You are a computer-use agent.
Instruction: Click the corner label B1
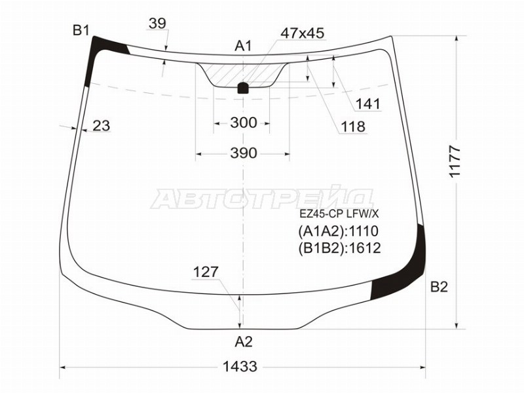coord(81,31)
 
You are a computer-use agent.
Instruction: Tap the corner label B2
coord(439,287)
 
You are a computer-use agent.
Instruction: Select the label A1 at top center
coord(243,46)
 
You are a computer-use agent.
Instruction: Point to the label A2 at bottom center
coord(244,342)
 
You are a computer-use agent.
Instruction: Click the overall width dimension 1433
coord(240,367)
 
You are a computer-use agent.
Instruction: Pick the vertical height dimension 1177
coord(455,161)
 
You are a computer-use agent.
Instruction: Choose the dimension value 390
coord(244,153)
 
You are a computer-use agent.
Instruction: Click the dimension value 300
coord(244,122)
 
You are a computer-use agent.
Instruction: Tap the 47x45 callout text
coord(303,33)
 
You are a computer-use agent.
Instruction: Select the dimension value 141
coord(367,104)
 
